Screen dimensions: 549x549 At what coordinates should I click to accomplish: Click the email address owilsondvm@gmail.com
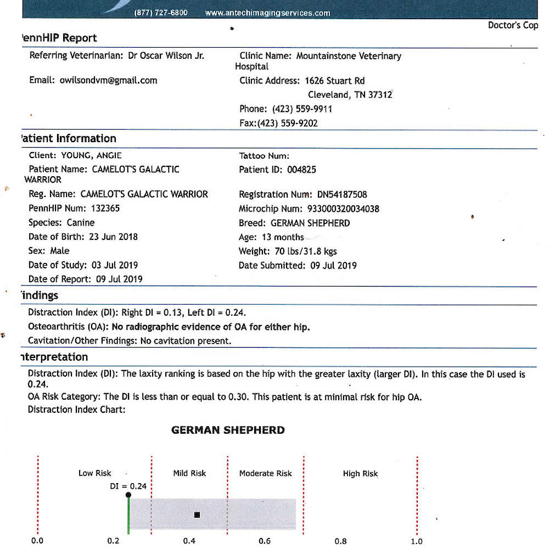click(x=108, y=80)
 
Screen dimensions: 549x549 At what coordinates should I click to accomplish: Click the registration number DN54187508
click(x=342, y=194)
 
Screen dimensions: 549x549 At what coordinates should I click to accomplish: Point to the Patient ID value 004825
click(x=301, y=170)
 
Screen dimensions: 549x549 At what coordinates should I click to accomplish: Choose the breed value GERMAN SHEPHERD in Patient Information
click(x=310, y=223)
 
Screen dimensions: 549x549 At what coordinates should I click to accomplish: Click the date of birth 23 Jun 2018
click(x=113, y=237)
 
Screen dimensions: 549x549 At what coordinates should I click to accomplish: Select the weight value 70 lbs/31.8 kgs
click(x=306, y=251)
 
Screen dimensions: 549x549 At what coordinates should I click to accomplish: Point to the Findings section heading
click(x=38, y=295)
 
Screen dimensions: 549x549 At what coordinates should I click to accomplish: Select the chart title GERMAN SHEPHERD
click(x=228, y=430)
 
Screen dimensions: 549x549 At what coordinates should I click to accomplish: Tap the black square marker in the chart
click(x=197, y=514)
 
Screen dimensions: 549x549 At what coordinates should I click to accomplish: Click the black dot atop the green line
click(x=128, y=495)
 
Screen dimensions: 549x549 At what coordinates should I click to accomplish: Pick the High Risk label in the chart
click(x=360, y=474)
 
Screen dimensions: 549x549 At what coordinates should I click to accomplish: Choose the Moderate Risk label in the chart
click(x=265, y=473)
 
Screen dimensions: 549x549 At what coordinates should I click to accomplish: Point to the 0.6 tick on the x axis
click(x=265, y=541)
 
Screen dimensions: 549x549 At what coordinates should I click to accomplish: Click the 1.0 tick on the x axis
click(x=417, y=541)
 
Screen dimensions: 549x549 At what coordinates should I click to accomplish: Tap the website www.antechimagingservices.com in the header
click(x=267, y=13)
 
